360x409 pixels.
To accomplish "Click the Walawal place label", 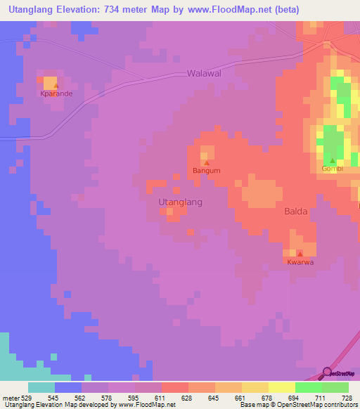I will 204,73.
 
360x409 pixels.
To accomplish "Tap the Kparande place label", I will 56,93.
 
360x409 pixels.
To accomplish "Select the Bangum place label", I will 207,171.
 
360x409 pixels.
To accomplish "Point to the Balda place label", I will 295,211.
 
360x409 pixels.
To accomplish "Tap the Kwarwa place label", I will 300,262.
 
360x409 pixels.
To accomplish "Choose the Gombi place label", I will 332,169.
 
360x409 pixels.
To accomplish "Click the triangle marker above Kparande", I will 56,86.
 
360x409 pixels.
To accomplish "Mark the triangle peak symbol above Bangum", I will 206,163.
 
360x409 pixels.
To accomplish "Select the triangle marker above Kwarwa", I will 300,254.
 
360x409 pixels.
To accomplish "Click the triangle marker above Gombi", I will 333,161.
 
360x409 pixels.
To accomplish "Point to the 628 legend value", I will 188,397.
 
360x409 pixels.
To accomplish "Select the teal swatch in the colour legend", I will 41,387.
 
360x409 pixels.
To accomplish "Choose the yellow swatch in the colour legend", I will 281,387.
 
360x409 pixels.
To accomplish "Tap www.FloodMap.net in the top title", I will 231,10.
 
